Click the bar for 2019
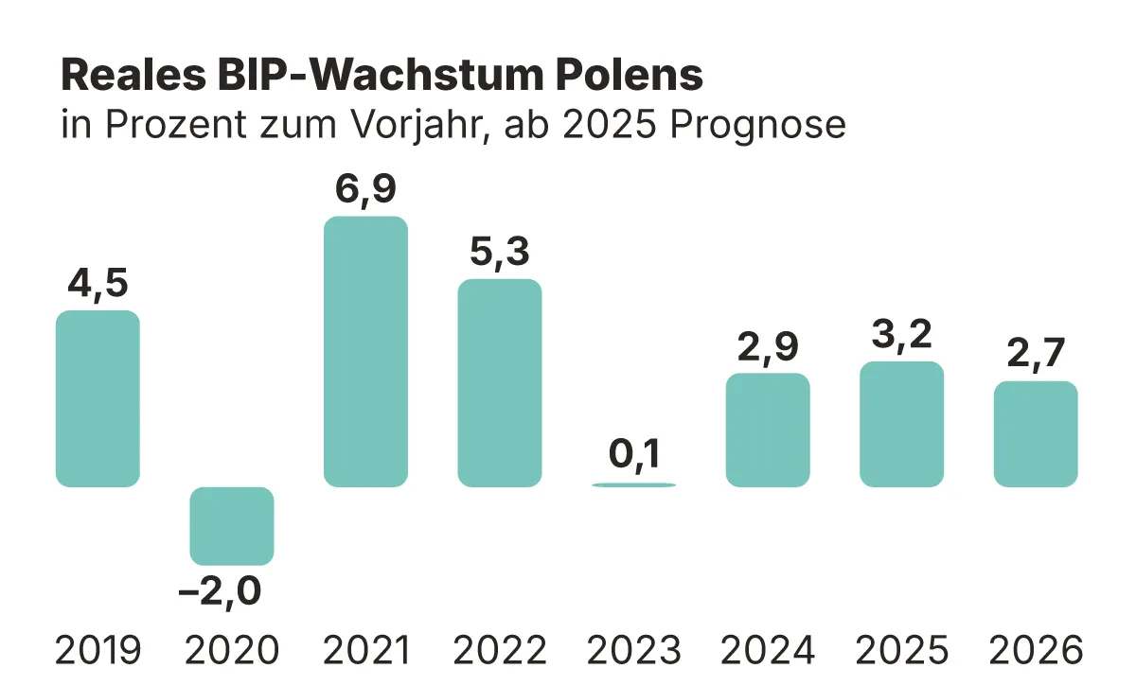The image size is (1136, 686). [x=98, y=398]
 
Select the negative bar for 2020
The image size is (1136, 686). [x=232, y=526]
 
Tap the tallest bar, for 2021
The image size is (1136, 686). [x=365, y=352]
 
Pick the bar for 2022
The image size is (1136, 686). [x=500, y=383]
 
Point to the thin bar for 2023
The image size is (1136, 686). [x=633, y=484]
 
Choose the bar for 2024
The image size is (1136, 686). [x=768, y=431]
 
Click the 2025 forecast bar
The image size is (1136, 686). [x=901, y=424]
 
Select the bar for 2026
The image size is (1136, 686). [x=1036, y=434]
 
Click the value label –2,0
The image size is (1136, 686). [x=221, y=593]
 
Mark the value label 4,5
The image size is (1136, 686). [x=98, y=283]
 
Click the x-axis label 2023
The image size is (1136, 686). [x=633, y=650]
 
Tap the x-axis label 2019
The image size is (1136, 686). [x=98, y=650]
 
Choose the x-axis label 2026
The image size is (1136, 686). [x=1036, y=650]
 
